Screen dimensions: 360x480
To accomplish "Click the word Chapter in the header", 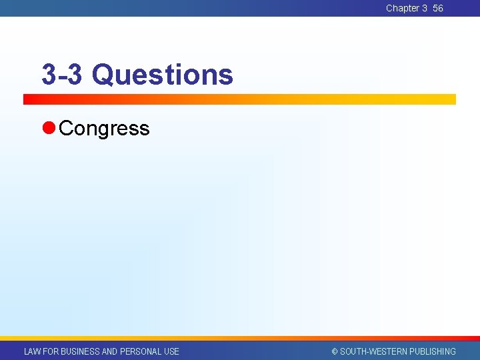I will (402, 8).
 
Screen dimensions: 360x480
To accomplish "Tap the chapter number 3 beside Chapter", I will (425, 8).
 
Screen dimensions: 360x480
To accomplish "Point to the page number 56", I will (438, 8).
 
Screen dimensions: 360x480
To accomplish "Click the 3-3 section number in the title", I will (62, 75).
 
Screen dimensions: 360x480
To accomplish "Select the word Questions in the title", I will (163, 75).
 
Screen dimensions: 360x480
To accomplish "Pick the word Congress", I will (104, 128).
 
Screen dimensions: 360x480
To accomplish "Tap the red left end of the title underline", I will (30, 99).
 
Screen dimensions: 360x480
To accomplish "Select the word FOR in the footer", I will (51, 351).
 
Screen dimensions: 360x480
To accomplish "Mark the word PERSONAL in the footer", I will (141, 351).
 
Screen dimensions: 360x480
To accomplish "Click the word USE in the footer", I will (171, 351).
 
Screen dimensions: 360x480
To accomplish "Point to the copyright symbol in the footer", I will (335, 351).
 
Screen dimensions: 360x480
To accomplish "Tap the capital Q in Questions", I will (102, 75).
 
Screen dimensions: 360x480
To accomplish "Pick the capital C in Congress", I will (65, 128).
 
